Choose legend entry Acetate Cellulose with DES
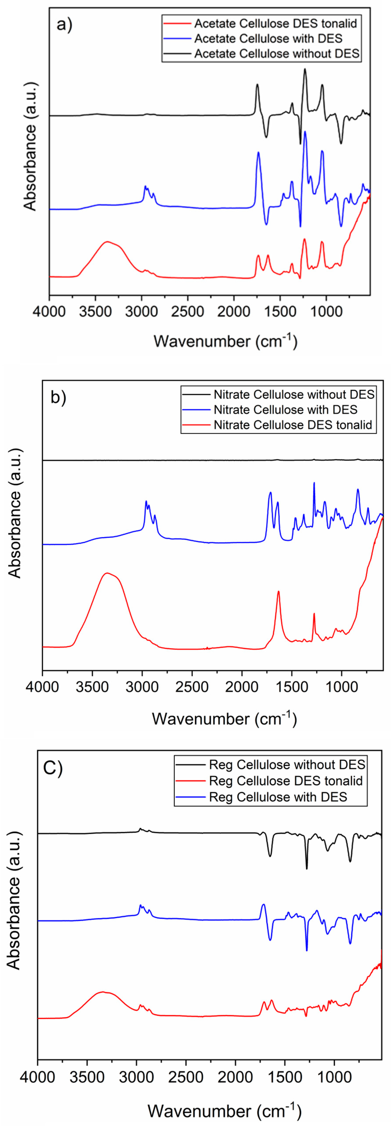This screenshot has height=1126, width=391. pyautogui.click(x=268, y=39)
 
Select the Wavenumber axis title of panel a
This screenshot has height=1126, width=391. pyautogui.click(x=225, y=341)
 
